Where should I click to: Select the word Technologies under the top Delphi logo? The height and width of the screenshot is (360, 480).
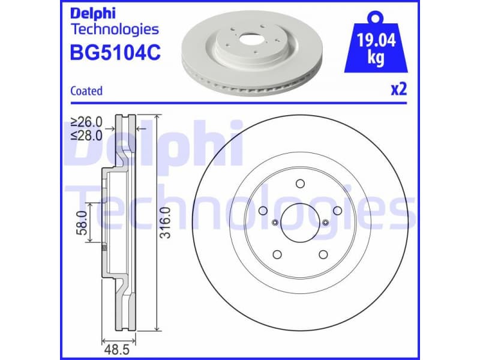click(115, 29)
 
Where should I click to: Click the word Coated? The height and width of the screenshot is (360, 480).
click(86, 91)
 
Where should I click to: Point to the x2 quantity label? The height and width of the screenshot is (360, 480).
click(398, 90)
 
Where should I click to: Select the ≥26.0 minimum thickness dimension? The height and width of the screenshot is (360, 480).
click(86, 122)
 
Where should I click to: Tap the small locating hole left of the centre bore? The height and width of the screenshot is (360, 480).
click(275, 223)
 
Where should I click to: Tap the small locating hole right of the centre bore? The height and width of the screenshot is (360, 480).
click(325, 223)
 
